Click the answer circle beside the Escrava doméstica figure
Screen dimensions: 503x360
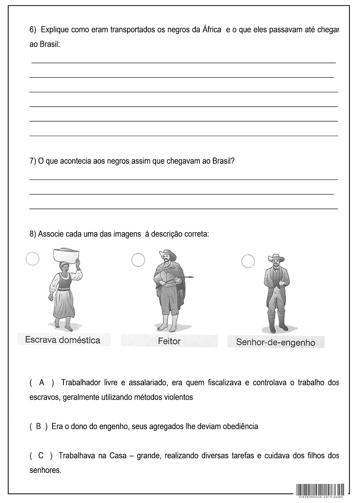[x=32, y=259]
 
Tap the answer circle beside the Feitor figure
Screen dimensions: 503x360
[x=138, y=260]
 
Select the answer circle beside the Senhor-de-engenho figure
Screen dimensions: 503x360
[x=248, y=261]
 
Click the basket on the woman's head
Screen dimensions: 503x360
[x=67, y=255]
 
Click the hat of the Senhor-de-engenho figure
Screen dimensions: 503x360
[x=276, y=257]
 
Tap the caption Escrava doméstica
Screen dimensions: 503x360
[x=63, y=340]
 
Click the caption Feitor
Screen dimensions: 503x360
[x=169, y=341]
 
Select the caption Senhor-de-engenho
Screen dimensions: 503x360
[x=275, y=342]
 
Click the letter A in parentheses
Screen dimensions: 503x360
[x=42, y=383]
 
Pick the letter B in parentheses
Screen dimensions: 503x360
[x=39, y=427]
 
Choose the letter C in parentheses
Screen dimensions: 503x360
[x=41, y=456]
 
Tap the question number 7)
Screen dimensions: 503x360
[x=33, y=161]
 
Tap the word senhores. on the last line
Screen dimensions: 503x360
[x=45, y=470]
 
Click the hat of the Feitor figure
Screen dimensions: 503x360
[x=169, y=254]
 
